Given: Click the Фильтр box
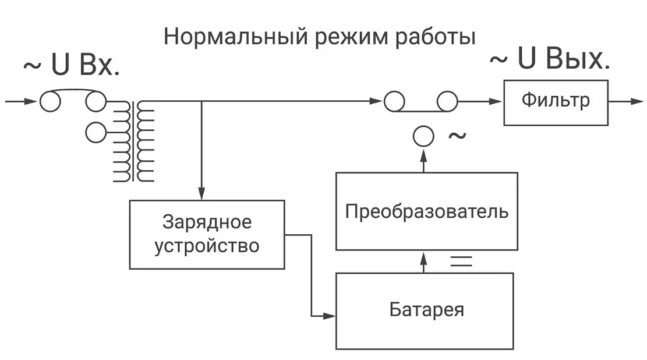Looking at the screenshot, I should click(556, 101).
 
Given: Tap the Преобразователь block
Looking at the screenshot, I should click(426, 211).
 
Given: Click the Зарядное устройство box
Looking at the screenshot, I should click(207, 234).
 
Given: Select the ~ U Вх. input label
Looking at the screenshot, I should click(71, 66).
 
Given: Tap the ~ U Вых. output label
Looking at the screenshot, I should click(549, 59).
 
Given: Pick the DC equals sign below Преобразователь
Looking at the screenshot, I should click(461, 260).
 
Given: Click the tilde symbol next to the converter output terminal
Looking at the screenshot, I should click(457, 136).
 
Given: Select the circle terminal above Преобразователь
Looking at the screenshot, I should click(423, 137).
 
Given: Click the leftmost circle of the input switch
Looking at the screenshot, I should click(50, 102).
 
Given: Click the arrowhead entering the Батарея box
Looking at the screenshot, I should click(330, 316).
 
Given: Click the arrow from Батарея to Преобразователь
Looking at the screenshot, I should click(423, 262).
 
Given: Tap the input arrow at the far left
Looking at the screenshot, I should click(20, 102).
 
